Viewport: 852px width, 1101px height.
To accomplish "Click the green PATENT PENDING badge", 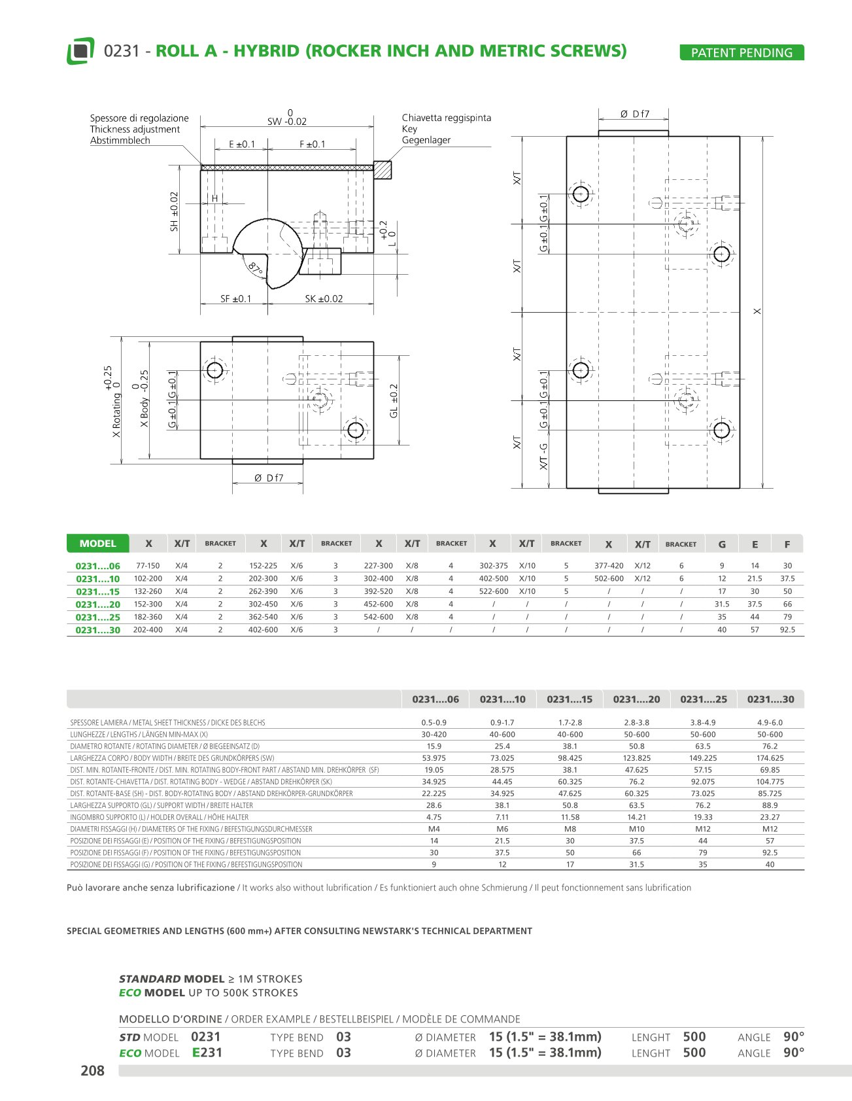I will pos(741,53).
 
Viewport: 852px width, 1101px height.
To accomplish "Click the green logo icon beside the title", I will pos(80,51).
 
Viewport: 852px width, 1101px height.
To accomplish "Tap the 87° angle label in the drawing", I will pos(255,268).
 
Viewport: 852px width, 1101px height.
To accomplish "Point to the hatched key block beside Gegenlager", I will pos(382,170).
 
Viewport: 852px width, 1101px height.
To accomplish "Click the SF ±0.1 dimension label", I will pos(235,299).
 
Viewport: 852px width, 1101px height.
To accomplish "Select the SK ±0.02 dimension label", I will pos(324,299).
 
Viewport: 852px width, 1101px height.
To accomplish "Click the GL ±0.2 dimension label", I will pos(394,401).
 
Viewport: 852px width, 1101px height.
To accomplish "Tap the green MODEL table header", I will pos(97,544).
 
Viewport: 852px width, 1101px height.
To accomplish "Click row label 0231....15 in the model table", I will pos(98,591).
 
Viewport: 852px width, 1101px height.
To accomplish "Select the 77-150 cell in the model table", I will pos(148,566).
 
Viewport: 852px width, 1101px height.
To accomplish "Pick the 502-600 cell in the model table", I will pos(609,578).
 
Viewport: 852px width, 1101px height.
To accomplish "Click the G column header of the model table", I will pos(722,544).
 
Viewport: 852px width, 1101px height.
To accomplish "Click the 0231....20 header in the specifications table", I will pos(636,699).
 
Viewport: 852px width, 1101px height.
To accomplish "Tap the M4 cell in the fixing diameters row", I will pos(434,829).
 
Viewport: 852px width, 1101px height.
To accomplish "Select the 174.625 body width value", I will pos(770,758).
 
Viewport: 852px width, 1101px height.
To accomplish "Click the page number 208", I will pos(92,1070).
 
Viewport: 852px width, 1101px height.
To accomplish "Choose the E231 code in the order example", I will pos(207,1053).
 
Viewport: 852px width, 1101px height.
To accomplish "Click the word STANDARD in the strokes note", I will pos(150,979).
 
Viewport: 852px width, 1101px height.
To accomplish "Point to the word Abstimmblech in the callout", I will pos(120,141).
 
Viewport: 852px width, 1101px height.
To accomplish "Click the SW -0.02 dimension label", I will pos(287,122).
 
